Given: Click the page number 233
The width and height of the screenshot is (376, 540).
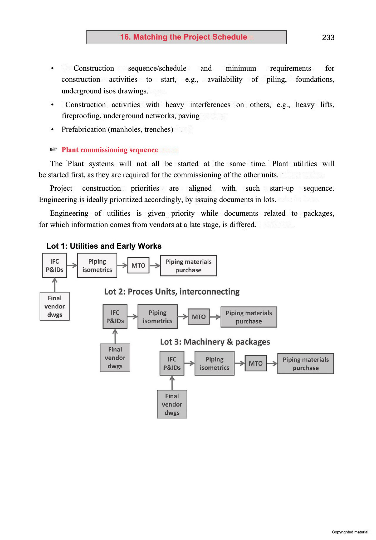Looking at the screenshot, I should click(x=328, y=37).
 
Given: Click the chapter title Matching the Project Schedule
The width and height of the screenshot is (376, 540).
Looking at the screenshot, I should click(x=184, y=37).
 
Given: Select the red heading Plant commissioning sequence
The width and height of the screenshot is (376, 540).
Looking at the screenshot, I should click(x=110, y=150).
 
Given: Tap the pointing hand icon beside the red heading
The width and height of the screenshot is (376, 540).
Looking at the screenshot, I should click(x=53, y=150).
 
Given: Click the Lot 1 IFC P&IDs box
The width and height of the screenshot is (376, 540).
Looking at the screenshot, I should click(x=55, y=265).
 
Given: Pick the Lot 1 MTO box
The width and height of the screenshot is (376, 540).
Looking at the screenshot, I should click(x=138, y=265).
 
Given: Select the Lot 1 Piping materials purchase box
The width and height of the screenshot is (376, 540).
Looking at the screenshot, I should click(x=188, y=266).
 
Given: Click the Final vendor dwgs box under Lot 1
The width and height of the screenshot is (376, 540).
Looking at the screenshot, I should click(x=55, y=306).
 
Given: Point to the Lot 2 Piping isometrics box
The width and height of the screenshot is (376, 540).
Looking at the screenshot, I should click(x=158, y=317).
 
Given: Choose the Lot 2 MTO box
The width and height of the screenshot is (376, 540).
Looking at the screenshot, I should click(x=199, y=317).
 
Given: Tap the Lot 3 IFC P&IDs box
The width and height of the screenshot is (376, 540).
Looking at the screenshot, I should click(x=172, y=363).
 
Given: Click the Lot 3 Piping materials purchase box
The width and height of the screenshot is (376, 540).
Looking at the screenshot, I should click(x=306, y=364).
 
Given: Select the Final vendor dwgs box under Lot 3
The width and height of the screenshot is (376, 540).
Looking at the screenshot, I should click(x=172, y=404).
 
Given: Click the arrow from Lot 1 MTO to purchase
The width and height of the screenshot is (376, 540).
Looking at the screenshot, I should click(x=155, y=266).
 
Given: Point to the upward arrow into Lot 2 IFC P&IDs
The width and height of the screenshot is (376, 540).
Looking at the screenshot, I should click(x=115, y=336).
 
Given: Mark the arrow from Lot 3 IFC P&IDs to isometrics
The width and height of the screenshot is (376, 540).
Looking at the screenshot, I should click(x=189, y=363).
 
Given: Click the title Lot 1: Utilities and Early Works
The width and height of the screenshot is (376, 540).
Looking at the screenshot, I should click(x=104, y=246).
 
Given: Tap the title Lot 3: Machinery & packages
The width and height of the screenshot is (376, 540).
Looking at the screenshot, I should click(x=215, y=342).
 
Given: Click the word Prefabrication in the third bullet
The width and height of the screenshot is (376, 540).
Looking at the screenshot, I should click(x=84, y=129).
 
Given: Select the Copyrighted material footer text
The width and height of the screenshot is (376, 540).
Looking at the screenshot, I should click(x=350, y=532).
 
